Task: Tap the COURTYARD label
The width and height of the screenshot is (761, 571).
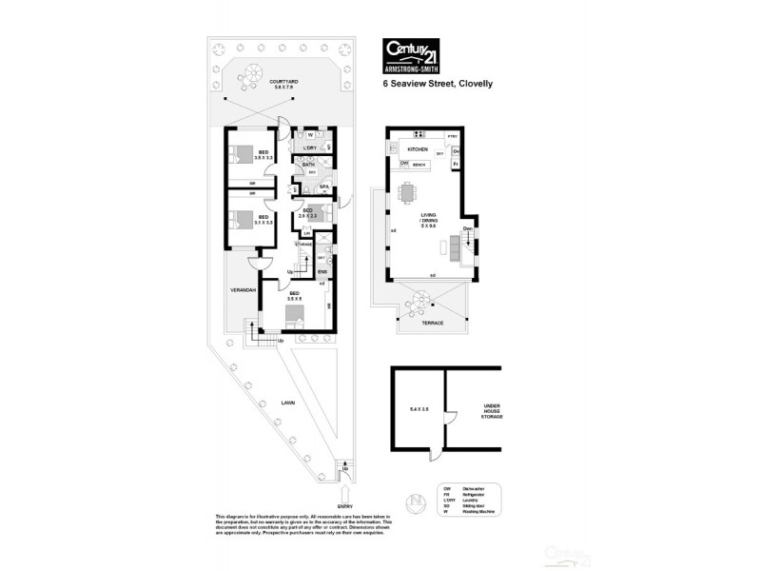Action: pyautogui.click(x=283, y=83)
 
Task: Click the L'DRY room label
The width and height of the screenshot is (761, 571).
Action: pyautogui.click(x=309, y=148)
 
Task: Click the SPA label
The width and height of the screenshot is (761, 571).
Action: pyautogui.click(x=324, y=186)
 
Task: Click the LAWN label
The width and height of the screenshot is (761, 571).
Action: pyautogui.click(x=288, y=404)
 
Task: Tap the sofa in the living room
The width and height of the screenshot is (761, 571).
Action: pyautogui.click(x=454, y=249)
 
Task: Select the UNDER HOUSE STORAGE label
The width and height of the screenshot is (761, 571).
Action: pyautogui.click(x=491, y=410)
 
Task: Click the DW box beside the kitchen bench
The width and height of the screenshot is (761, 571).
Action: pyautogui.click(x=404, y=164)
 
